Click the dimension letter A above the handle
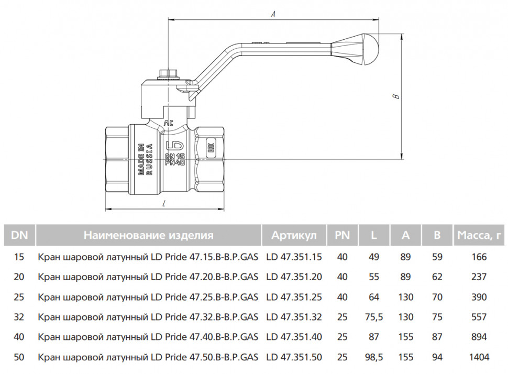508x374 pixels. point(273,14)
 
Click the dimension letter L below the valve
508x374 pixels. point(164,204)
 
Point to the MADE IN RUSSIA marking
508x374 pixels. point(145,159)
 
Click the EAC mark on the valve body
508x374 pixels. point(209,148)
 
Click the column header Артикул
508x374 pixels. point(294,235)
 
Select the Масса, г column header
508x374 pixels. point(479,235)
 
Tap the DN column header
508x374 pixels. point(19,235)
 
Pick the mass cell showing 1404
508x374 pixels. point(479,357)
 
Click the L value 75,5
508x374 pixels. point(374,317)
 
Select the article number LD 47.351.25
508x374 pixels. point(294,297)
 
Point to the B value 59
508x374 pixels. point(437,257)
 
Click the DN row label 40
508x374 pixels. point(19,337)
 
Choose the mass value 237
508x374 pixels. point(479,277)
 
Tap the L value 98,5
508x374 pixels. point(374,357)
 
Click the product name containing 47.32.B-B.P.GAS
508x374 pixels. point(148,317)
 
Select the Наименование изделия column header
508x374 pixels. point(149,235)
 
